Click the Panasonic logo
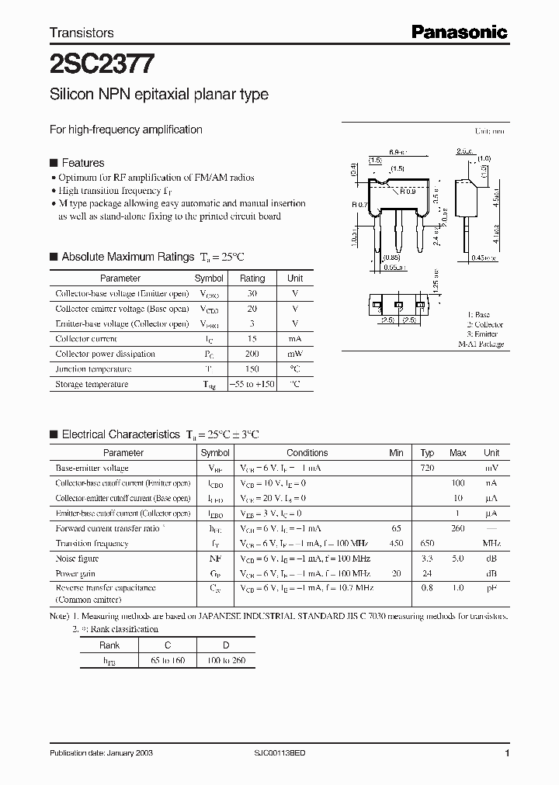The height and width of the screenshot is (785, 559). (459, 32)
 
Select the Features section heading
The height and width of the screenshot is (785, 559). (82, 163)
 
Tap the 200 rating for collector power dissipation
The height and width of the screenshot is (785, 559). (252, 354)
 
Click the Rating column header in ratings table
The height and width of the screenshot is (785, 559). (252, 278)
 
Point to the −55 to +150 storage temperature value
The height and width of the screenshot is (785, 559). (252, 384)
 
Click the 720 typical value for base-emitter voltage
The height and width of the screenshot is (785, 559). (426, 468)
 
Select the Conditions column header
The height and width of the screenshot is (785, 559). (307, 453)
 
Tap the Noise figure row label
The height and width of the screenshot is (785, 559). (77, 558)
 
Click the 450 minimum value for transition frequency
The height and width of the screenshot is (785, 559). (397, 544)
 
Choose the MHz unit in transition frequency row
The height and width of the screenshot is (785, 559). (491, 544)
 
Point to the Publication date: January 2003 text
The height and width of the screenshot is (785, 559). (103, 753)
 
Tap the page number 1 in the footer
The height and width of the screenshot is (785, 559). (506, 753)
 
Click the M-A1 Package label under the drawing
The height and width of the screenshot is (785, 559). (480, 344)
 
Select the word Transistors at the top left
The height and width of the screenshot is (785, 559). (82, 33)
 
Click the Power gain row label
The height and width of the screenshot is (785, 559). (75, 573)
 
